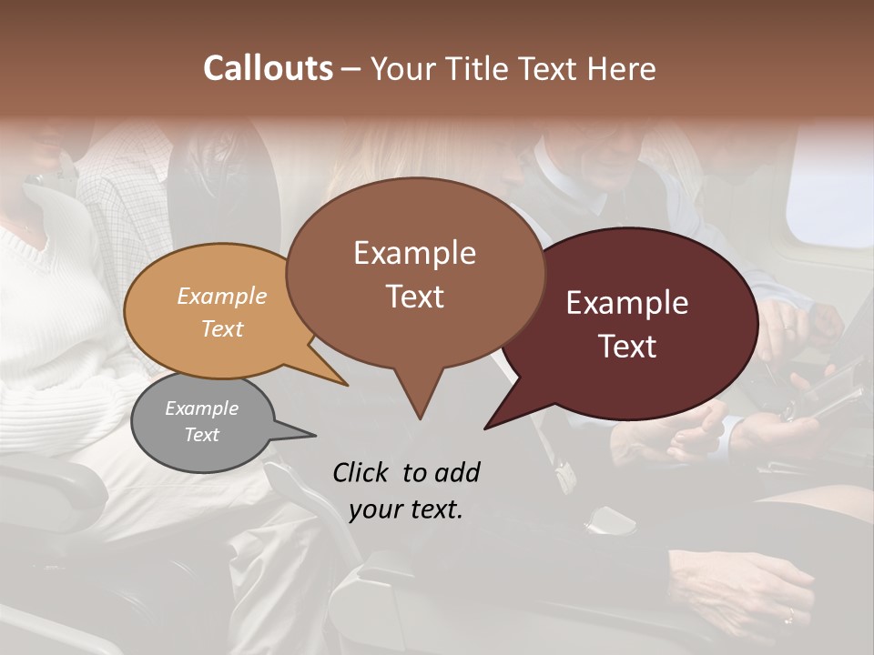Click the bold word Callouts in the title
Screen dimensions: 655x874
[268, 68]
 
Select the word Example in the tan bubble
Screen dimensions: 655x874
[222, 296]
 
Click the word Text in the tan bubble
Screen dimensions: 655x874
[222, 328]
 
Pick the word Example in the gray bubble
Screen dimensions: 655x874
[202, 408]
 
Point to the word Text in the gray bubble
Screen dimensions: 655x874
[202, 435]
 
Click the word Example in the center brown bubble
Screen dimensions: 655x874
[414, 253]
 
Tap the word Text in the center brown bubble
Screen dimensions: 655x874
[414, 296]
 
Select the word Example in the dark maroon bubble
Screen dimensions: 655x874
[627, 303]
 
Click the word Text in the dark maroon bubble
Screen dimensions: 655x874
[627, 346]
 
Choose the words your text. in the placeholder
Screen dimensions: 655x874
[406, 509]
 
